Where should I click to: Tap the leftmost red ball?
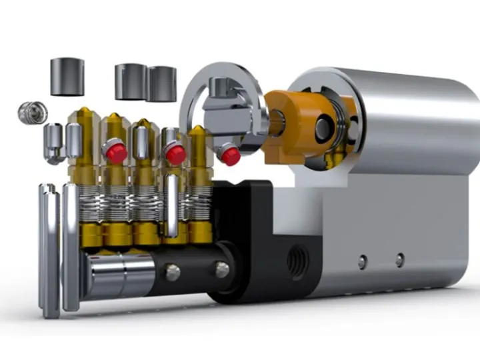coord(117,153)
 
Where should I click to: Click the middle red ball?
coord(175,154)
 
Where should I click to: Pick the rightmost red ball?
coord(231,156)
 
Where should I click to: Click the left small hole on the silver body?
coord(361,261)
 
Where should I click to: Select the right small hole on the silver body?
coord(399,260)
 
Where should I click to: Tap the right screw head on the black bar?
coord(222,269)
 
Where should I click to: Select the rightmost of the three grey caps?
coord(162,83)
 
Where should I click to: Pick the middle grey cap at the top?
coord(130,81)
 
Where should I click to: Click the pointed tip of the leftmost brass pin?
coord(87,117)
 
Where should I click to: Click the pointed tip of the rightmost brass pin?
coord(198,131)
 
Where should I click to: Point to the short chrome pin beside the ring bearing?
coord(53,142)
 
